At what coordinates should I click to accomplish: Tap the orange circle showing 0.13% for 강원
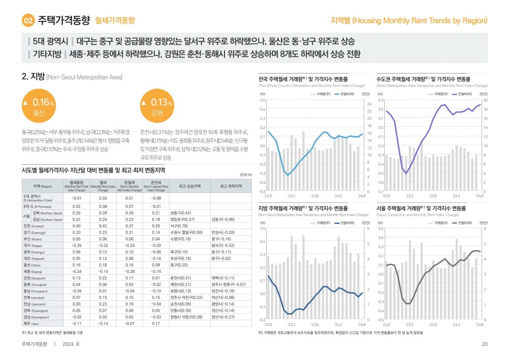(x=156, y=105)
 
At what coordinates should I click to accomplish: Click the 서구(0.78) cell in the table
(x=179, y=226)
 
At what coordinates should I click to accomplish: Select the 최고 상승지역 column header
(x=189, y=186)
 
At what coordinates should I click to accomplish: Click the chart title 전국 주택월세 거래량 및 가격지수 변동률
(x=303, y=79)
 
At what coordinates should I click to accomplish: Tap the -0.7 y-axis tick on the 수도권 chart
(x=380, y=191)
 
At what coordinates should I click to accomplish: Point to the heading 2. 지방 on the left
(x=33, y=76)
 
